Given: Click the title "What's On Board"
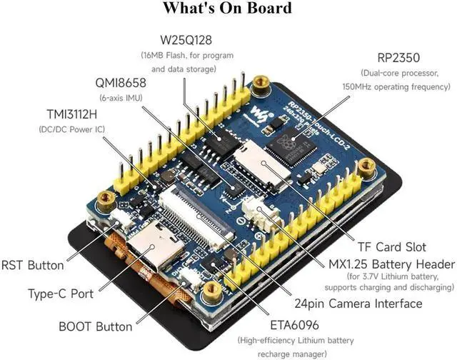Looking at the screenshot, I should coord(227,9).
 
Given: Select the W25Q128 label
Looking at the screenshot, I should coord(186,41).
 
